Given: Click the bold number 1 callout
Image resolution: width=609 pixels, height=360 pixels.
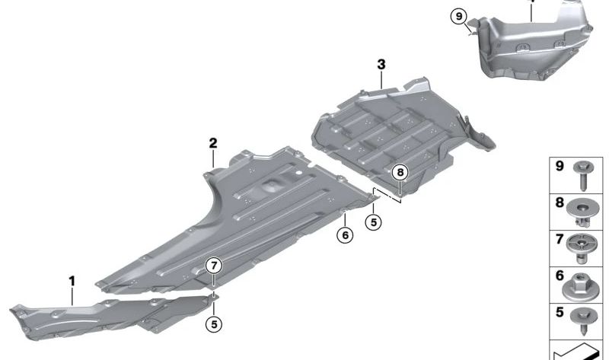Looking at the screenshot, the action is click(x=72, y=281).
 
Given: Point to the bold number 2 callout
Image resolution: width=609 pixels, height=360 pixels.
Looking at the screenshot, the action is click(x=213, y=143).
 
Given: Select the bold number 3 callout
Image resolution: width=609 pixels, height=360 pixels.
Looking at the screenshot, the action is click(x=381, y=65).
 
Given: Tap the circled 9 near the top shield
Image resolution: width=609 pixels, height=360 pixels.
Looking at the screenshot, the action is click(x=459, y=17).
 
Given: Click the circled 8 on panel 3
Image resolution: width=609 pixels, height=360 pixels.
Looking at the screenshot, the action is click(x=400, y=172).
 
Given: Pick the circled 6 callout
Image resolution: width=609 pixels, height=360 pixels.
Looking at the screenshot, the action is click(x=346, y=235).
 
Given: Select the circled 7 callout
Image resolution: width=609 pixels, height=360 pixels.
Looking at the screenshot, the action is click(x=214, y=266).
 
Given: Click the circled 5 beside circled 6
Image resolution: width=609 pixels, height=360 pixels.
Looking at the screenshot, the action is click(x=374, y=222).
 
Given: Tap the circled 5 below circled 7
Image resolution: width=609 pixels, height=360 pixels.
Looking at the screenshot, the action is click(x=214, y=324).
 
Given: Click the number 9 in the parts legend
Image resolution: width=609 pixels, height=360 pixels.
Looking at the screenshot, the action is click(x=560, y=166).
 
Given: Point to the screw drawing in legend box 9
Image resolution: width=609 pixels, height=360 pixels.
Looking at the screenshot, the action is click(x=583, y=176).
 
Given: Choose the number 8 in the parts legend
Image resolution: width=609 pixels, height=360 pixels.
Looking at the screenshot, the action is click(x=560, y=202).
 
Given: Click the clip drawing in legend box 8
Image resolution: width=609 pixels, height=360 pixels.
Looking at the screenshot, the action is click(x=582, y=213).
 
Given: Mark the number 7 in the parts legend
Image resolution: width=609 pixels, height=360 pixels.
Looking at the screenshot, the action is click(x=560, y=239).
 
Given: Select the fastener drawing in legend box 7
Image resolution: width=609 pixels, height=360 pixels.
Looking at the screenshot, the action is click(x=582, y=249).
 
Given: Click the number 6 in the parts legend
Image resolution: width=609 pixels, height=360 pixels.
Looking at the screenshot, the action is click(x=560, y=276).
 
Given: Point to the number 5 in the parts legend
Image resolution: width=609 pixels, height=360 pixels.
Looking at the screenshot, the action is click(x=560, y=312).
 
